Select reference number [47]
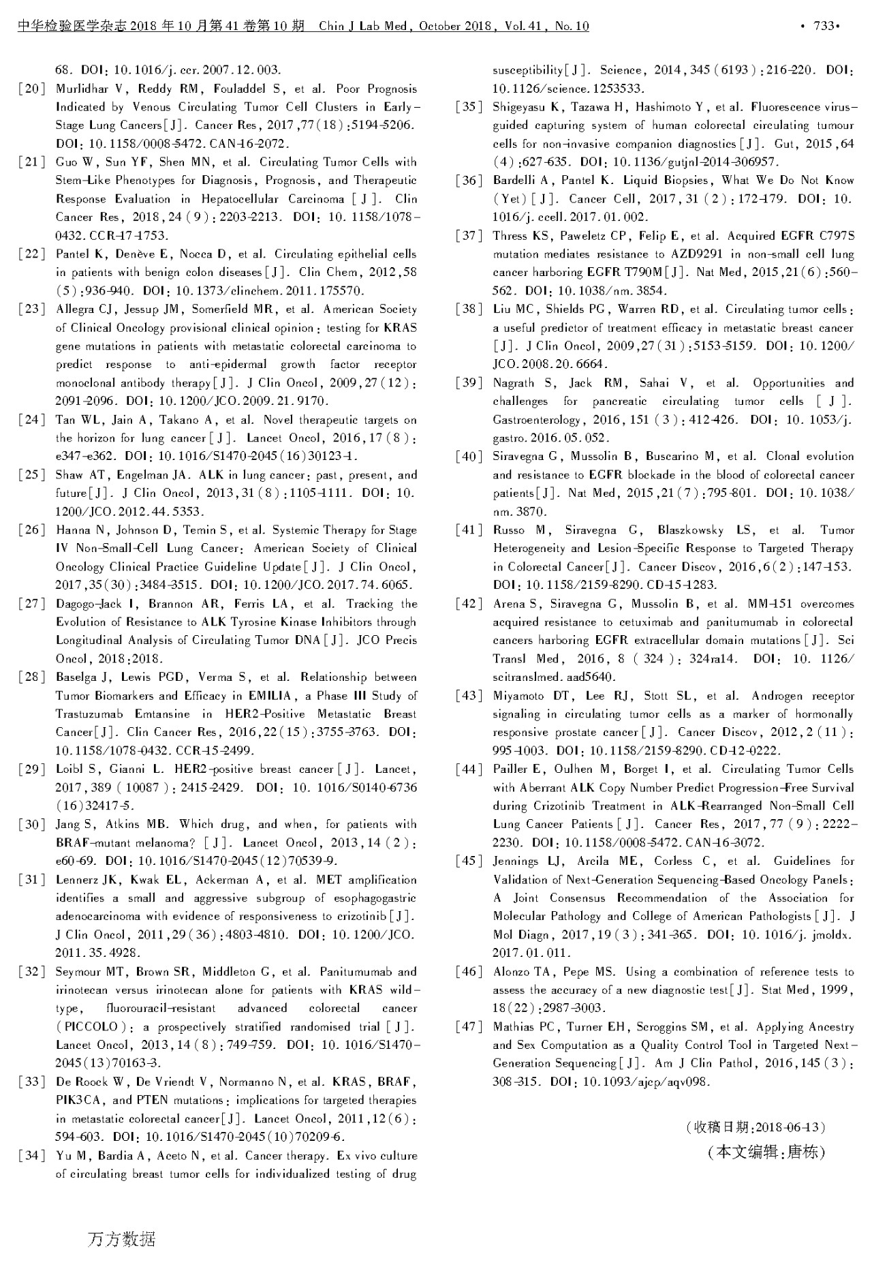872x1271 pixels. (x=469, y=1026)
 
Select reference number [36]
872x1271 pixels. (x=469, y=181)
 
